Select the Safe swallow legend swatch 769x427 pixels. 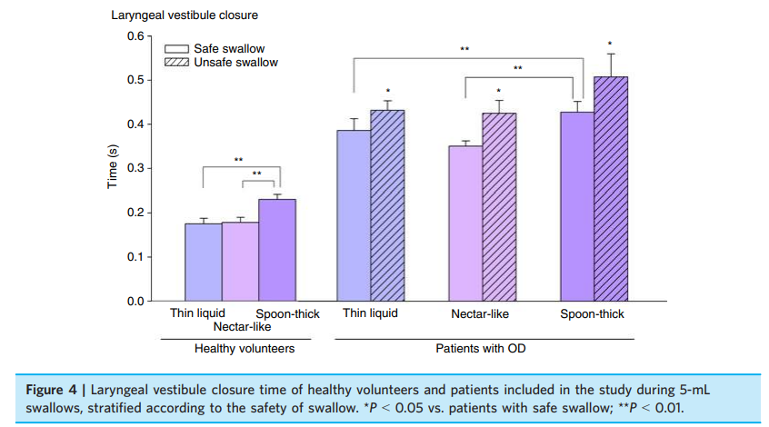[x=176, y=48]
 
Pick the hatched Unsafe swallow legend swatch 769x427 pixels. [x=176, y=62]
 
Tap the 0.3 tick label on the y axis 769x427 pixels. [x=134, y=168]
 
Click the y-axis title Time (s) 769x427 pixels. [x=113, y=167]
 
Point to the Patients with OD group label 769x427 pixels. [x=480, y=348]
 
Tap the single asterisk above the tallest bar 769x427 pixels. [x=610, y=44]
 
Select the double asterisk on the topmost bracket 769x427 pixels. [x=464, y=48]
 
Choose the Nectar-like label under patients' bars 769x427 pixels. [x=479, y=314]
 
